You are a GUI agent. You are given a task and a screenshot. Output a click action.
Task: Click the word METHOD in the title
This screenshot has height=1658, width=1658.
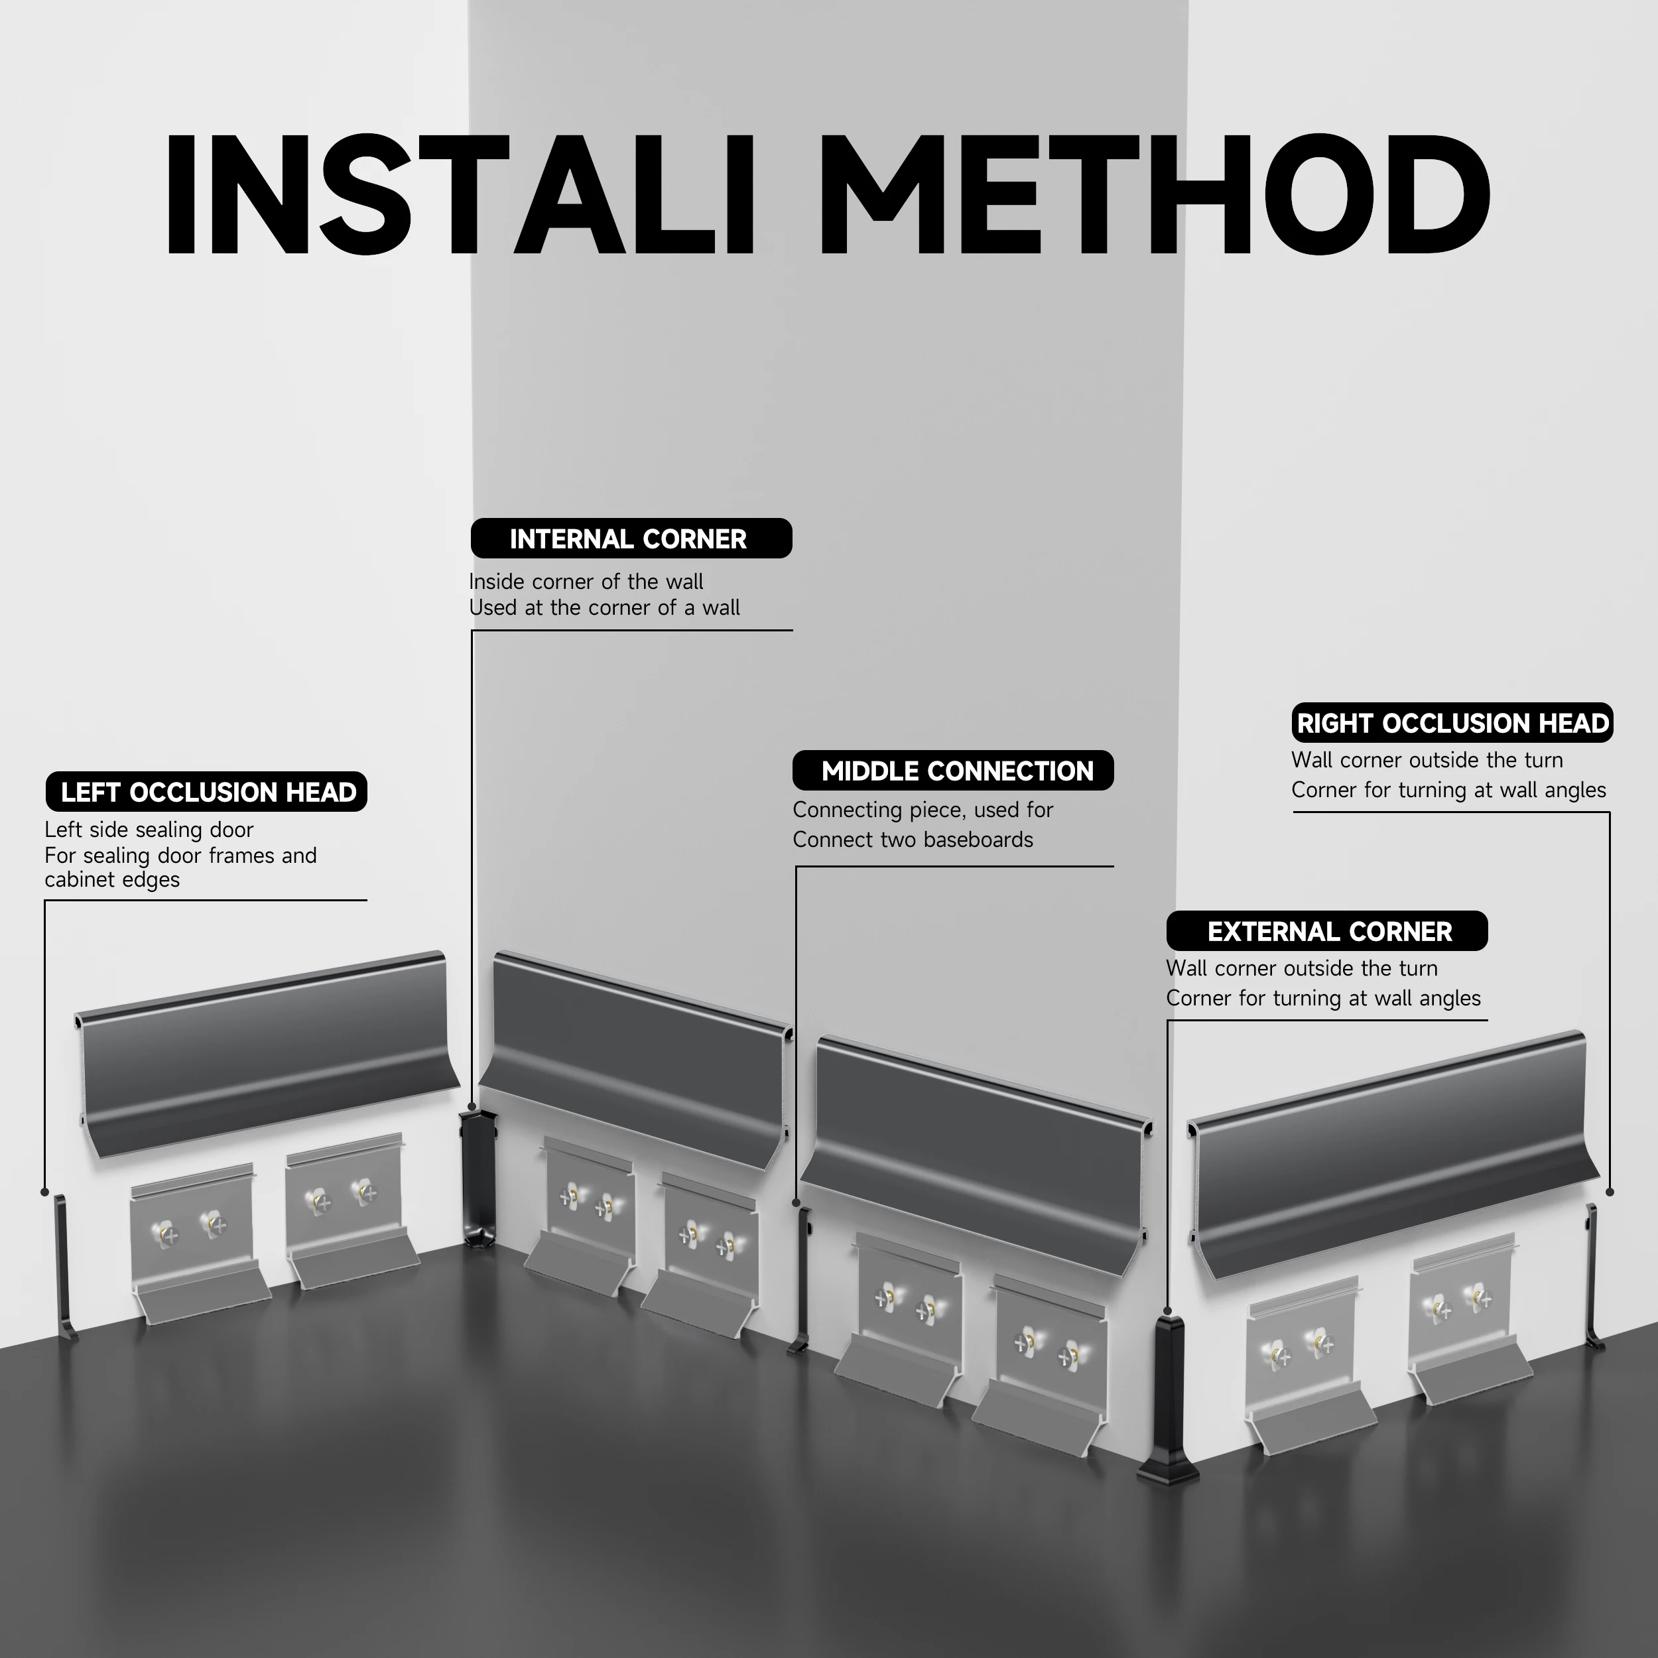pos(1154,196)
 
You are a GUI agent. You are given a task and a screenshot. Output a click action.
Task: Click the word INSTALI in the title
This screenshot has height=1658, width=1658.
pos(458,196)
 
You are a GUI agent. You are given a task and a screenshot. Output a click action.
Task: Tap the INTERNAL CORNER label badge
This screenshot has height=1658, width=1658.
pos(631,539)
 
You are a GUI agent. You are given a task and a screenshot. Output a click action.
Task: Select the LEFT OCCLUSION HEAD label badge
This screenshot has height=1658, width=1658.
pos(206,791)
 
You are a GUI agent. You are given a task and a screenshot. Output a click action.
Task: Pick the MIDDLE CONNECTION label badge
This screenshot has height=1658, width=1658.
pos(952,771)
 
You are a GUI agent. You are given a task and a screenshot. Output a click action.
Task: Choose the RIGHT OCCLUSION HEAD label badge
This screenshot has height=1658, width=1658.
pos(1452,723)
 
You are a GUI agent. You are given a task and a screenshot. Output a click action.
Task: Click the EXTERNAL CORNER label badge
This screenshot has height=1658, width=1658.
pos(1327,931)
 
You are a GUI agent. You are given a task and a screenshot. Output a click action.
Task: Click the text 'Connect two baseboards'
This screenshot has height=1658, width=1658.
pos(913,840)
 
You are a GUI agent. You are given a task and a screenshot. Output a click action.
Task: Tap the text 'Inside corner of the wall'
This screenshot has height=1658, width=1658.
pos(586,581)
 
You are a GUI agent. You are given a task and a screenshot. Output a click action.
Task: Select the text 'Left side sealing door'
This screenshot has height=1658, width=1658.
pos(149,829)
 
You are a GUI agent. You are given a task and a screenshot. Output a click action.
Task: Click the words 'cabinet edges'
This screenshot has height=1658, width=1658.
pos(113,879)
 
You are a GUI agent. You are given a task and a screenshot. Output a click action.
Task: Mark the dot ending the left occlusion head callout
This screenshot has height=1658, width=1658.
pos(44,1192)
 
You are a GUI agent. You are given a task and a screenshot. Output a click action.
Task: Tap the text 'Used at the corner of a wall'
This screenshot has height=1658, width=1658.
pos(604,607)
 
